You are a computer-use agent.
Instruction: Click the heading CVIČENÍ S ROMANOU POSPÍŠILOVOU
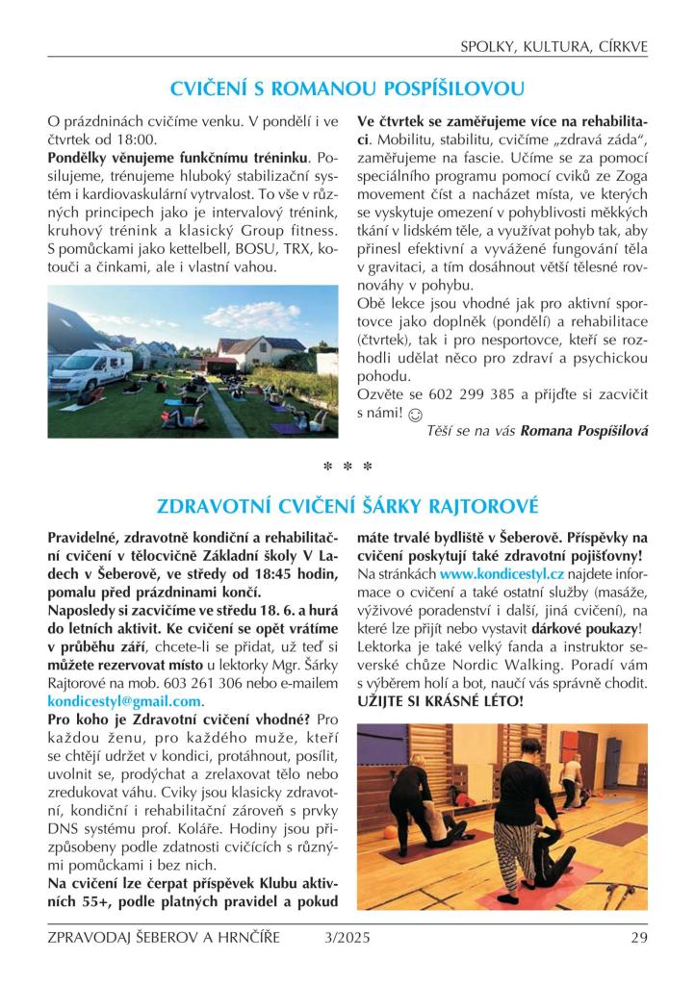tap(347, 89)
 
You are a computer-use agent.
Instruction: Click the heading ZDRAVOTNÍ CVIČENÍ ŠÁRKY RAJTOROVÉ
tap(347, 505)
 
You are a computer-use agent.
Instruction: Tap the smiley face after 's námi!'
tap(415, 415)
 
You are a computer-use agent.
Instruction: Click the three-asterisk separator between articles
tap(347, 467)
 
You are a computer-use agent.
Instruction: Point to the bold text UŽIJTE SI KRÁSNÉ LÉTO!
tap(440, 700)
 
